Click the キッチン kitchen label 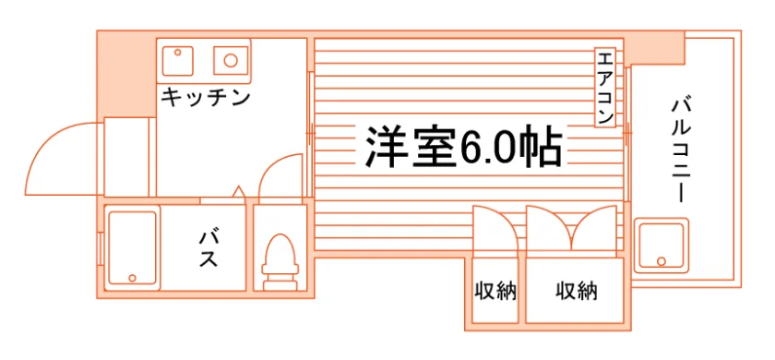pyautogui.click(x=206, y=98)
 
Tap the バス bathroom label pyautogui.click(x=209, y=248)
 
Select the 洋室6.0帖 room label pyautogui.click(x=463, y=147)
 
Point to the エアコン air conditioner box pyautogui.click(x=605, y=88)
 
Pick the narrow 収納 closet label pyautogui.click(x=495, y=291)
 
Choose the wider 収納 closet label pyautogui.click(x=577, y=291)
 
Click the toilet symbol pyautogui.click(x=280, y=262)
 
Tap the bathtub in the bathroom pyautogui.click(x=132, y=247)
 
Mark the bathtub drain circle pyautogui.click(x=132, y=278)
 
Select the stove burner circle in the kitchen pyautogui.click(x=231, y=60)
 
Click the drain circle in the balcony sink pyautogui.click(x=662, y=261)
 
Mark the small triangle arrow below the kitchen pyautogui.click(x=239, y=191)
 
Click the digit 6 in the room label pyautogui.click(x=471, y=147)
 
